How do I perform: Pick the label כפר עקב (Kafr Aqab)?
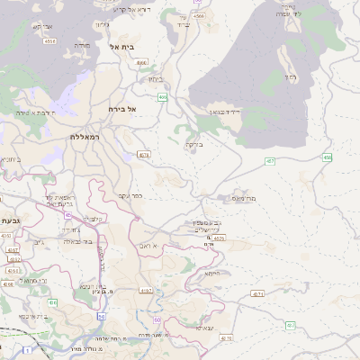click(131, 194)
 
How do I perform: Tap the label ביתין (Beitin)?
click(155, 78)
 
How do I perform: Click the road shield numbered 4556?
click(49, 40)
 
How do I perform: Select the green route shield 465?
click(162, 97)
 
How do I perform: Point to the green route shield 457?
click(269, 160)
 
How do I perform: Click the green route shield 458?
click(327, 157)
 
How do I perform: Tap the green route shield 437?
click(290, 325)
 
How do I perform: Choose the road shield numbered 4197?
click(146, 291)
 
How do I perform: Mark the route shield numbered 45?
click(68, 215)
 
